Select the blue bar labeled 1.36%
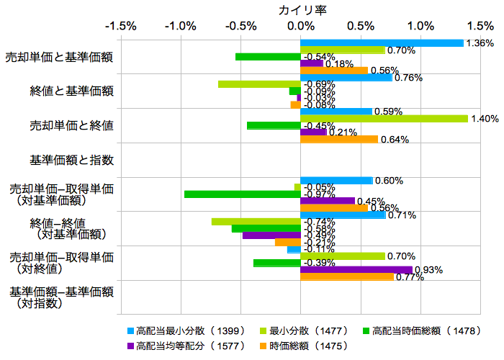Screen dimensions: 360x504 (382, 43)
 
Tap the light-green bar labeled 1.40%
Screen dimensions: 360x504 (384, 118)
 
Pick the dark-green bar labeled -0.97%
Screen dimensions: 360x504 (242, 194)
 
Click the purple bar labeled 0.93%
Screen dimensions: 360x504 (356, 270)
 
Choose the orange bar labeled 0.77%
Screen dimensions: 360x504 (347, 276)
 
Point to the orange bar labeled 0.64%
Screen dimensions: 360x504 (339, 139)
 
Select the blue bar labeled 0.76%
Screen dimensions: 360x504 (346, 77)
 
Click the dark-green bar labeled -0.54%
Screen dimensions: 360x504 (268, 57)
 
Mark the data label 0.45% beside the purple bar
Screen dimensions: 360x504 (370, 202)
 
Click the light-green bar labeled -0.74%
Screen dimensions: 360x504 (256, 221)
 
